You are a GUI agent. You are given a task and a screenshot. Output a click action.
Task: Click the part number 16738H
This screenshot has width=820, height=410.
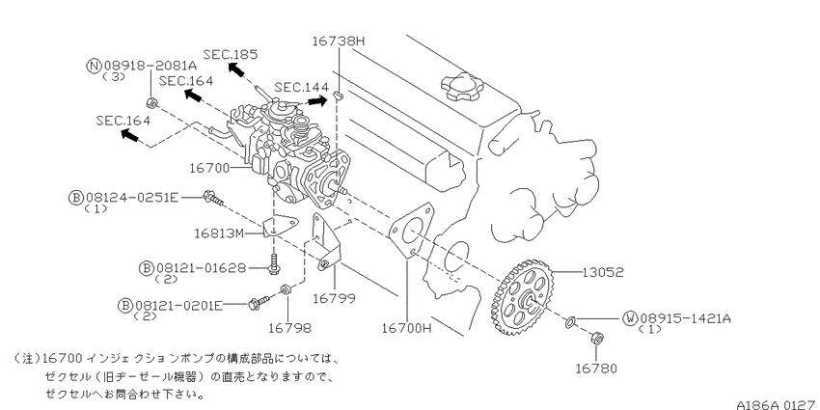click(338, 41)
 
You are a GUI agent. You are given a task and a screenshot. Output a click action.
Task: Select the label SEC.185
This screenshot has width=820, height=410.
click(231, 54)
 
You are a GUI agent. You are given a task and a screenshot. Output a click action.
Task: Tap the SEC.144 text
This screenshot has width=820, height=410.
click(302, 87)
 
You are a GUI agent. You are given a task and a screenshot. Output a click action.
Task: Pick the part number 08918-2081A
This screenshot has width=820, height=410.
click(150, 66)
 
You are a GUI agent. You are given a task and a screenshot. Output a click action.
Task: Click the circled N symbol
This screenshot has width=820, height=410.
click(95, 66)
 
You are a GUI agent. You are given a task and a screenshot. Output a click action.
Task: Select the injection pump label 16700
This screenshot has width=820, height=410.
click(209, 168)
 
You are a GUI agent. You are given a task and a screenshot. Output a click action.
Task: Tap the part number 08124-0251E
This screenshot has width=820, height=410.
click(132, 198)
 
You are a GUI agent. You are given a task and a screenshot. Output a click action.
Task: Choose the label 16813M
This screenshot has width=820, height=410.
click(219, 232)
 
